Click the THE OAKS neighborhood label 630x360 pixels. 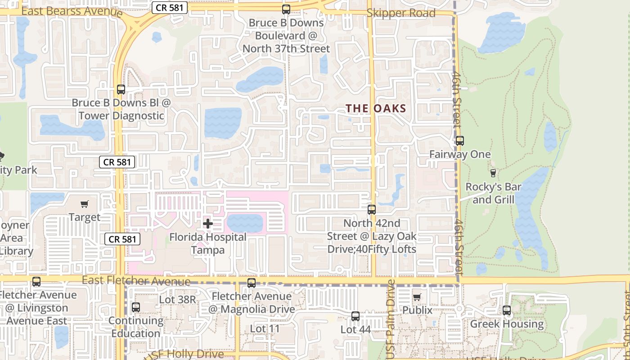376,108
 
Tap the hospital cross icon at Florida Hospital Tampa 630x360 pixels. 208,223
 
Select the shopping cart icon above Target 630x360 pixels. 84,204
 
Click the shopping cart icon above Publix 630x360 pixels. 417,297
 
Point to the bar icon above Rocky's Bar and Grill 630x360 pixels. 493,173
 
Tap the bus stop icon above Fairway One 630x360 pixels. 459,141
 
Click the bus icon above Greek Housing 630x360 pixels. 507,310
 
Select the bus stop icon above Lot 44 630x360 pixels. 355,316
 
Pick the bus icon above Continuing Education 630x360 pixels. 135,307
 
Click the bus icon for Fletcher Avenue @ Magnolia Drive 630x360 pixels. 252,283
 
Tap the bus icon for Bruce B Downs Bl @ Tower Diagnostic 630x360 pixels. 121,90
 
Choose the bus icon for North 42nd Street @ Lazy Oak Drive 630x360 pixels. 372,209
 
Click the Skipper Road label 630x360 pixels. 401,13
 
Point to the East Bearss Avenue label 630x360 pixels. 72,11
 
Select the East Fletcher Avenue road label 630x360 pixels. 136,281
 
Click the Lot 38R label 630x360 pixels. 178,299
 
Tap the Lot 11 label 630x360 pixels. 265,329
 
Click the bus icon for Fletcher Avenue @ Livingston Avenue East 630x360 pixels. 36,282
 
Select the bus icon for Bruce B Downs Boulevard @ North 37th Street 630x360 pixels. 286,9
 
